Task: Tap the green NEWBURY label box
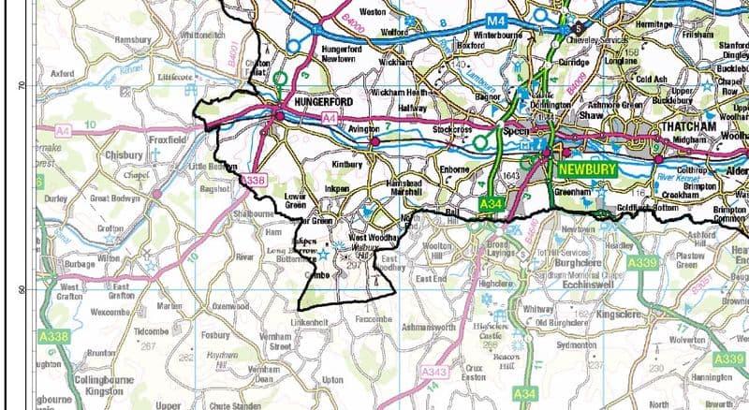coord(587,170)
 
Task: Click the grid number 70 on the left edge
coord(21,85)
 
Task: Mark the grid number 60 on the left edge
coord(21,289)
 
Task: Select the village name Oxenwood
coord(234,305)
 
